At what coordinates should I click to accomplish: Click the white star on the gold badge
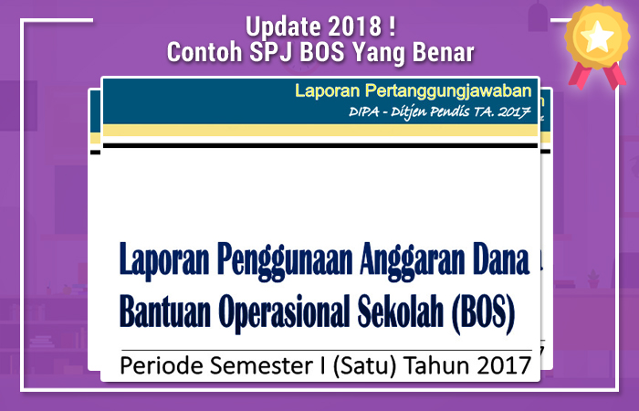(x=599, y=38)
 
